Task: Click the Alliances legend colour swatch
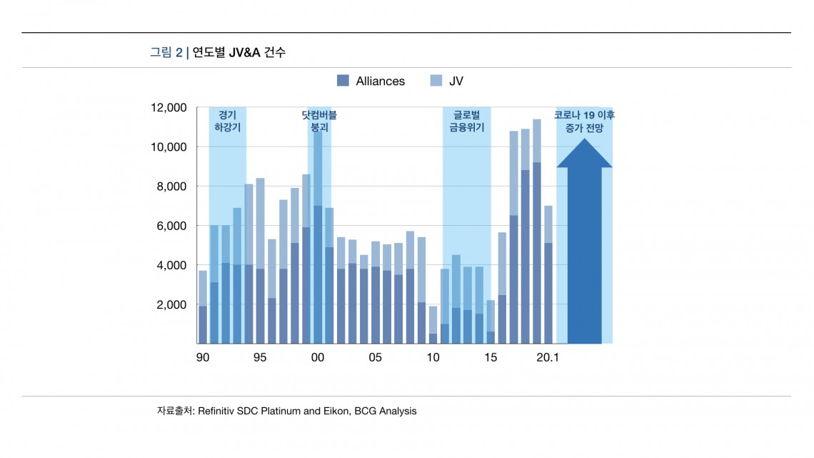[343, 81]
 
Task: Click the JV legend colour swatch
[436, 81]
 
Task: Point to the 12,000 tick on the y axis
[169, 108]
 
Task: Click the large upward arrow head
[584, 154]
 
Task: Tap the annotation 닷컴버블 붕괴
[318, 121]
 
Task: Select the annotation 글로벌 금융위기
[466, 121]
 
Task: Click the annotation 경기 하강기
[227, 121]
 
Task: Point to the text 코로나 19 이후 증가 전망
[584, 121]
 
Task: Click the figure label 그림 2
[166, 52]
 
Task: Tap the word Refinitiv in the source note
[220, 411]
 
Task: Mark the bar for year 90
[203, 307]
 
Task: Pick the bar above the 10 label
[433, 325]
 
